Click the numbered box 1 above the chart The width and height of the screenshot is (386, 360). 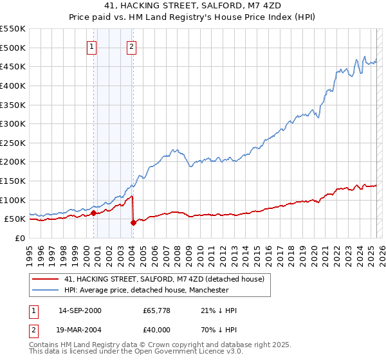click(92, 46)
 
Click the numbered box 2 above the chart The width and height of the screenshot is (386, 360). click(131, 46)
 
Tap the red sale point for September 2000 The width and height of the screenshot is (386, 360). click(93, 213)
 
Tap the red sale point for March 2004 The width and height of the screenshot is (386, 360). click(133, 222)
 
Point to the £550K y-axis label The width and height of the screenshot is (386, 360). click(13, 29)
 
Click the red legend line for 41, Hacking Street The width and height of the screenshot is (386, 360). click(44, 279)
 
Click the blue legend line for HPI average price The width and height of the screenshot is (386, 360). click(44, 290)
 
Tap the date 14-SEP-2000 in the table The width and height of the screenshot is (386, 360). click(80, 310)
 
